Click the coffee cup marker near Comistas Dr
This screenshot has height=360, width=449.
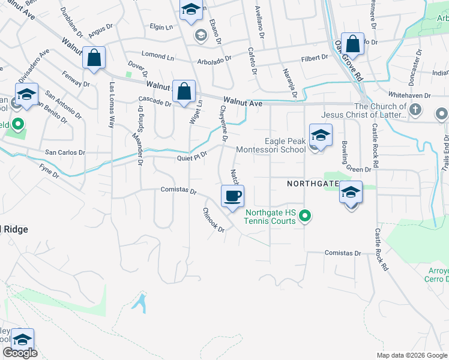pos(233,196)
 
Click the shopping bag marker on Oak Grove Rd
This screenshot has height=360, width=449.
pos(352,44)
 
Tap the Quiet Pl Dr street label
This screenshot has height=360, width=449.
pos(192,157)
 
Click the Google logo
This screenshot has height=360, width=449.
pos(19,353)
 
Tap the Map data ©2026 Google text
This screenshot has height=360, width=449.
pos(412,355)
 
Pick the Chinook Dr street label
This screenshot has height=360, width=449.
pos(213,220)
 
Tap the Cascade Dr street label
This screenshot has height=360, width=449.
pos(155,101)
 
